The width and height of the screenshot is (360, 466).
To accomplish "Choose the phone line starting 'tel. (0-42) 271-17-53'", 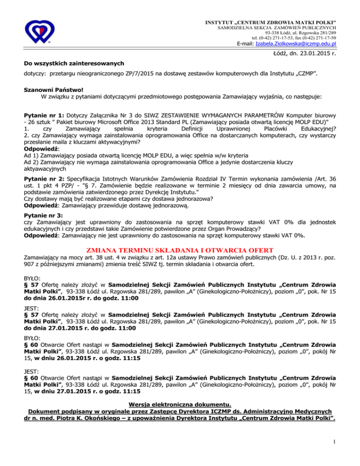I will click(x=294, y=37).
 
